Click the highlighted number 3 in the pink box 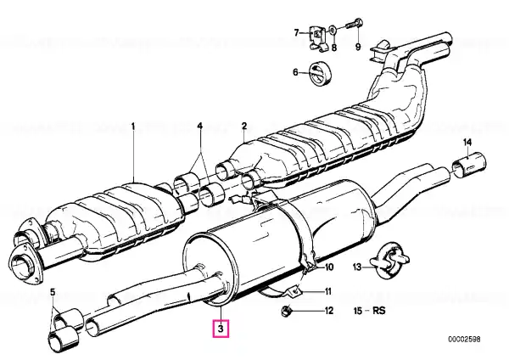[221, 329]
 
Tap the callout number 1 [133, 126]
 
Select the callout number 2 [244, 126]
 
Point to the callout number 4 [200, 126]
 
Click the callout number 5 [53, 292]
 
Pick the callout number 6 [295, 72]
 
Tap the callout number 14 [467, 142]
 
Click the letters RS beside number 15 [379, 311]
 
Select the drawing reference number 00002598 [464, 340]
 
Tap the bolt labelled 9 [354, 25]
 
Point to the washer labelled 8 [333, 31]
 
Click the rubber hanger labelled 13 [390, 260]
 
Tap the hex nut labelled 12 [286, 311]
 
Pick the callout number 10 [329, 267]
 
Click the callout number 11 [327, 291]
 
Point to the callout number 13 [357, 267]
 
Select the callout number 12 [329, 311]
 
